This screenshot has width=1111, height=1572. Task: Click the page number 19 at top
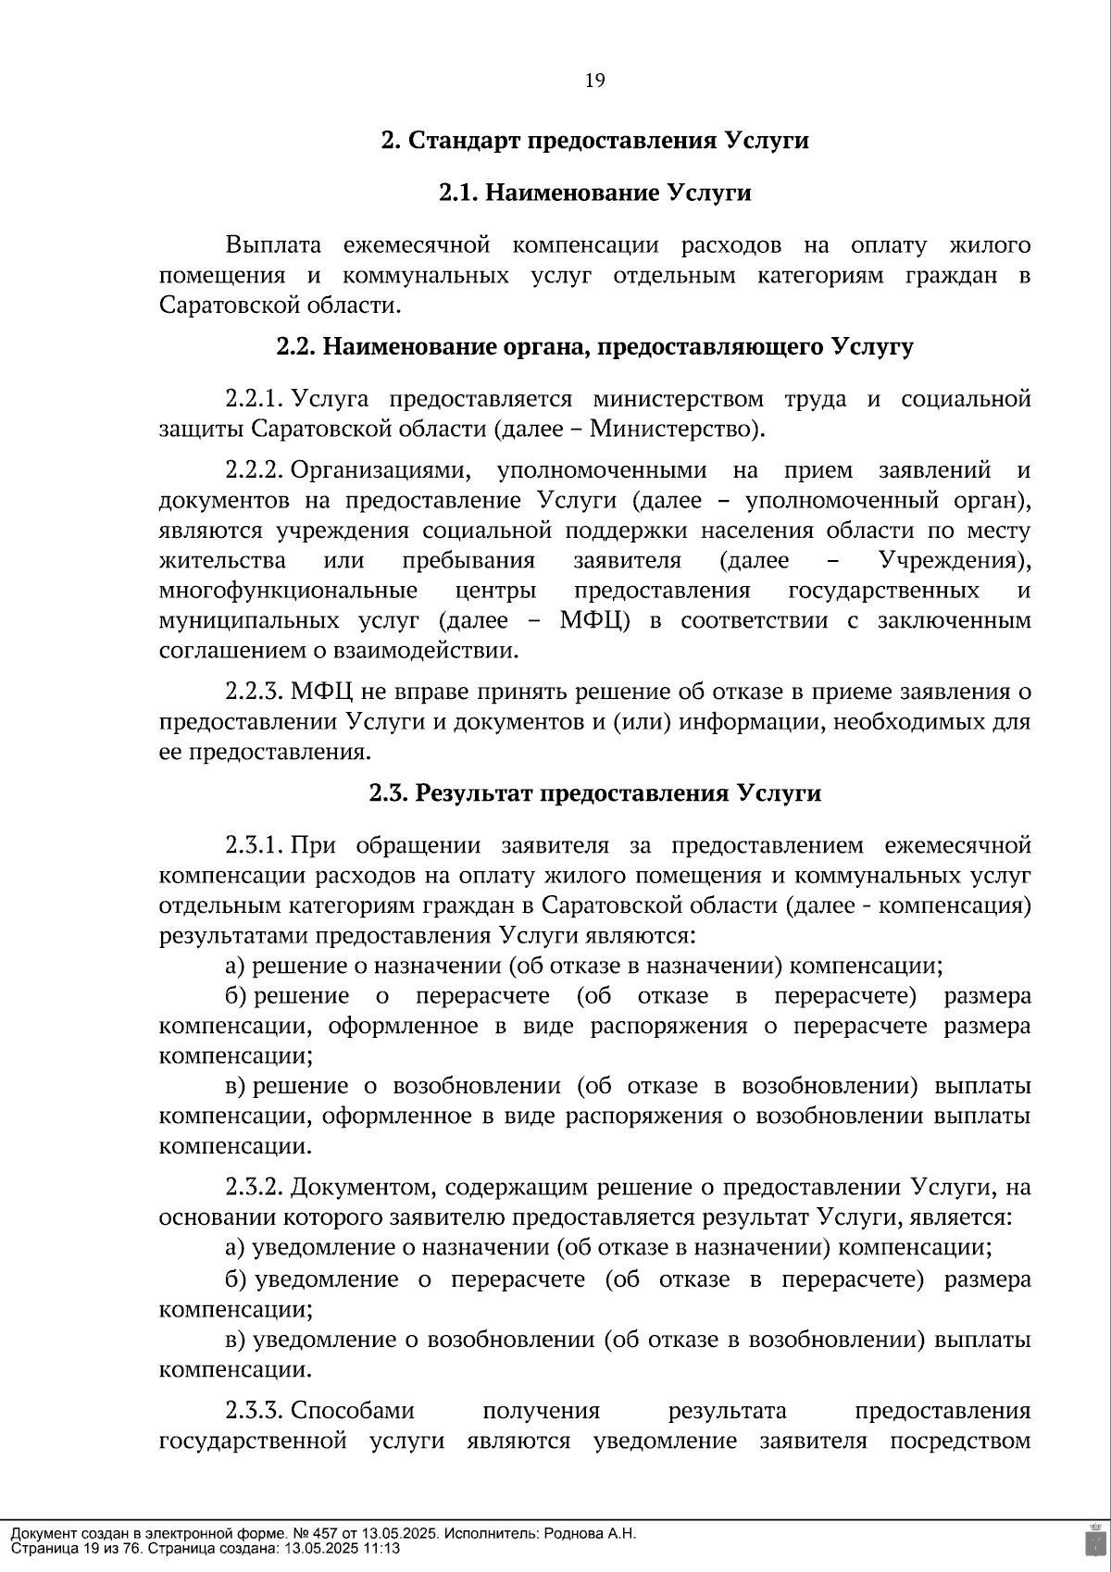[x=594, y=81]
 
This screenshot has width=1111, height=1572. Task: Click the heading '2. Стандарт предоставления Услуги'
[x=594, y=141]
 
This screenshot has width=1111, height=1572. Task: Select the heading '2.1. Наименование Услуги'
[x=594, y=193]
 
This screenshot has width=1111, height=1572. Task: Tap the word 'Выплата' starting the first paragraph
[x=273, y=245]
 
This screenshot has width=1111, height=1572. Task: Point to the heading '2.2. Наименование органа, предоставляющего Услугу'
[x=594, y=347]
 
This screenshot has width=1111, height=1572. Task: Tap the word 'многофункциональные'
[x=287, y=591]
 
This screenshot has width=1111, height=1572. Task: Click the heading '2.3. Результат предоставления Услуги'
[x=594, y=793]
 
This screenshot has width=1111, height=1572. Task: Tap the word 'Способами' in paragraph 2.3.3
[x=353, y=1411]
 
